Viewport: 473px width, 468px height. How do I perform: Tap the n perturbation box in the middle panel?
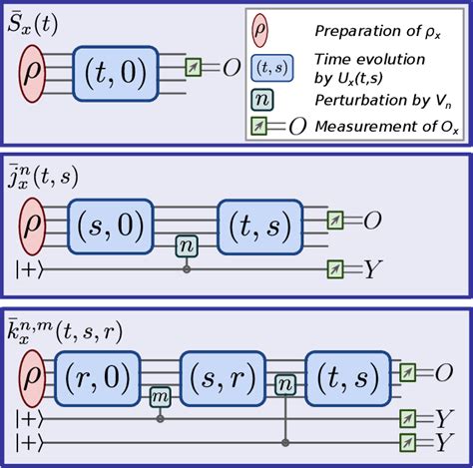(185, 244)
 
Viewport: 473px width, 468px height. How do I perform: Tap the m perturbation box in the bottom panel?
(160, 397)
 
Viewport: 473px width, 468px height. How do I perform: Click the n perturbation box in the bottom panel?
(286, 383)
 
